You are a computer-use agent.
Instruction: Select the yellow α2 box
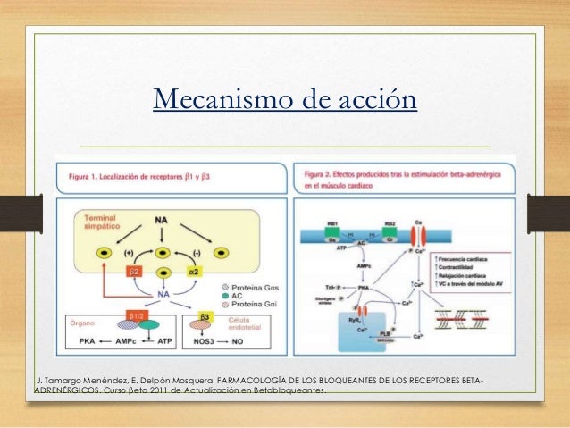[x=192, y=270]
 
